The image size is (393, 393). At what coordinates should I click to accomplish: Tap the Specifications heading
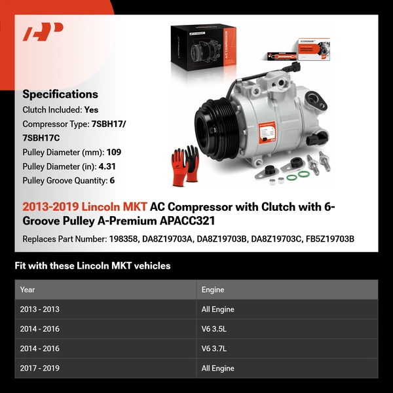(60, 94)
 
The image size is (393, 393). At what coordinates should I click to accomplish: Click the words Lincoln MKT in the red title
(118, 207)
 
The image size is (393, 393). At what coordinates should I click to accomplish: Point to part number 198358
(122, 238)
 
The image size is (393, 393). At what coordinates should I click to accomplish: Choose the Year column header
(28, 290)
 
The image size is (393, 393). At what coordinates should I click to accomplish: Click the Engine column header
(213, 290)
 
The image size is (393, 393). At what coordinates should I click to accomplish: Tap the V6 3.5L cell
(215, 329)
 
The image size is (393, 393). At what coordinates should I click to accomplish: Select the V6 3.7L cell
(215, 348)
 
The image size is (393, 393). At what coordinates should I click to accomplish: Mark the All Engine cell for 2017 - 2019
(217, 368)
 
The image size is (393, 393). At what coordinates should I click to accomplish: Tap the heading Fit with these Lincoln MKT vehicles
(92, 266)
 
